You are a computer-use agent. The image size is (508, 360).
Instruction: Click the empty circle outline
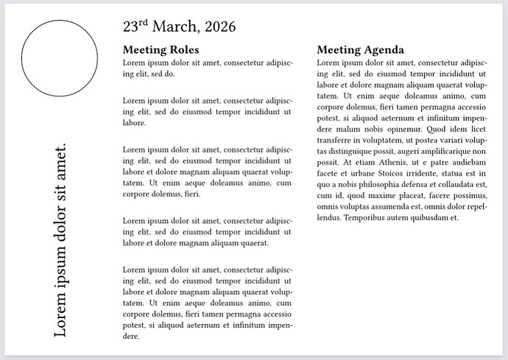point(60,60)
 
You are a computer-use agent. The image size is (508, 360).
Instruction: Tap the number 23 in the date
point(130,27)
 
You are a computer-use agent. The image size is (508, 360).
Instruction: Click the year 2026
point(219,27)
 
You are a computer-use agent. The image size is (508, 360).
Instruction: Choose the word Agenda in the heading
point(380,50)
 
